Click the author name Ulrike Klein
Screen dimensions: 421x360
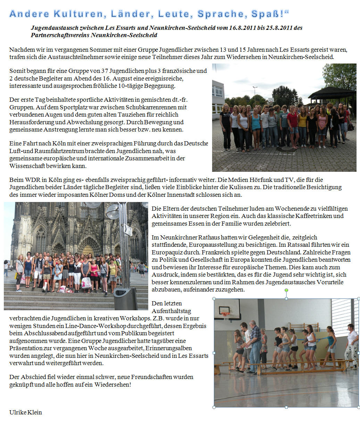[26, 412]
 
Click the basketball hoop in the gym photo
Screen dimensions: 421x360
[226, 314]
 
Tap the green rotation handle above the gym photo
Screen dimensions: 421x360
[286, 290]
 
